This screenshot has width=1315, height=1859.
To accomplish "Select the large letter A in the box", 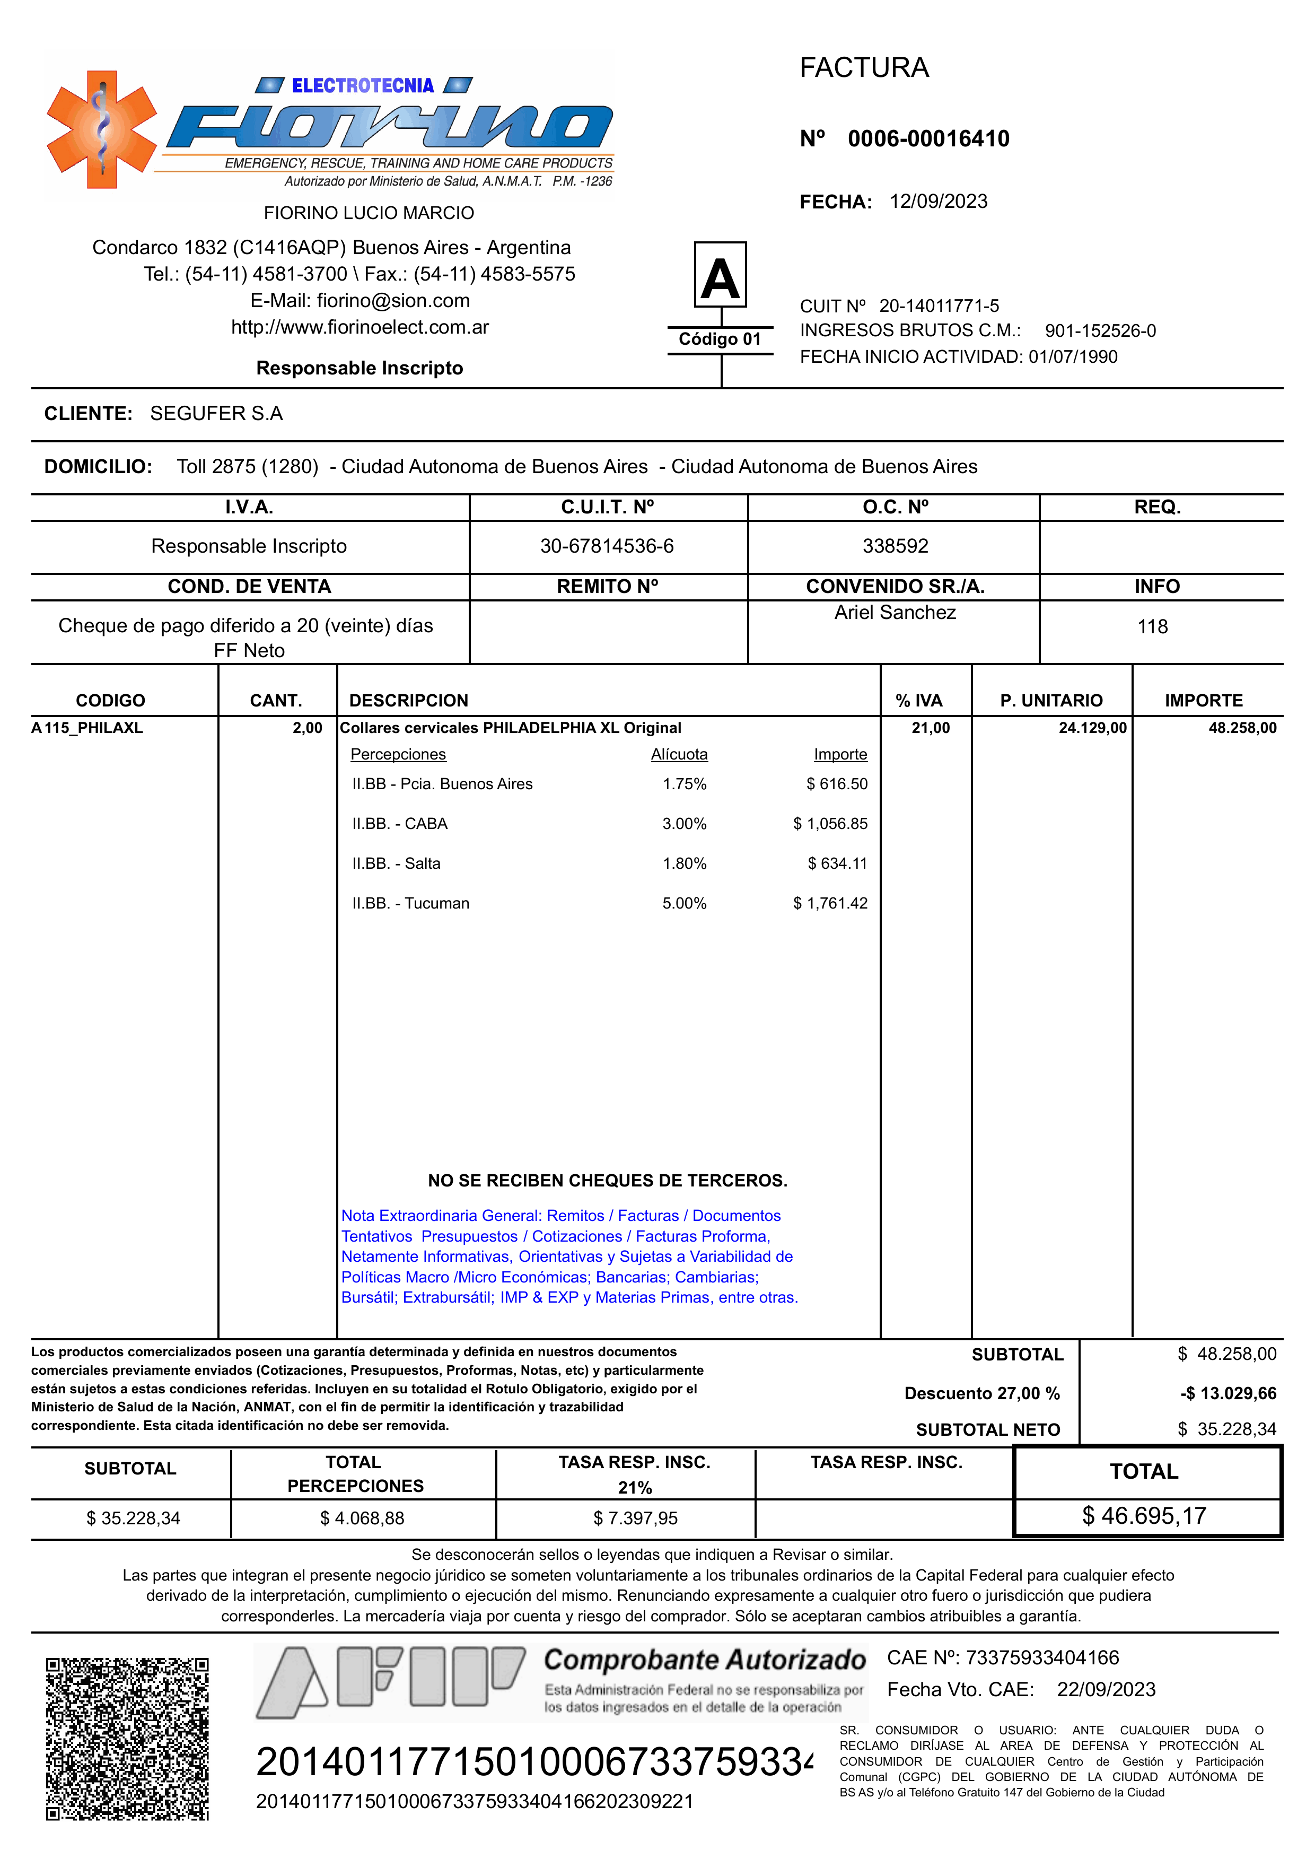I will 720,278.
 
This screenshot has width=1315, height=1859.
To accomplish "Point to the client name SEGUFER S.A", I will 216,414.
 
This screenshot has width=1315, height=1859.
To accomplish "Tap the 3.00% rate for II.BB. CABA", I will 684,824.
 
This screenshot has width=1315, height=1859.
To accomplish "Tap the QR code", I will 127,1738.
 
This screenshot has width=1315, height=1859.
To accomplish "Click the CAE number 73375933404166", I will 1042,1658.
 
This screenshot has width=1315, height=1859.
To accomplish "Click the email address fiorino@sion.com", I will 393,301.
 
